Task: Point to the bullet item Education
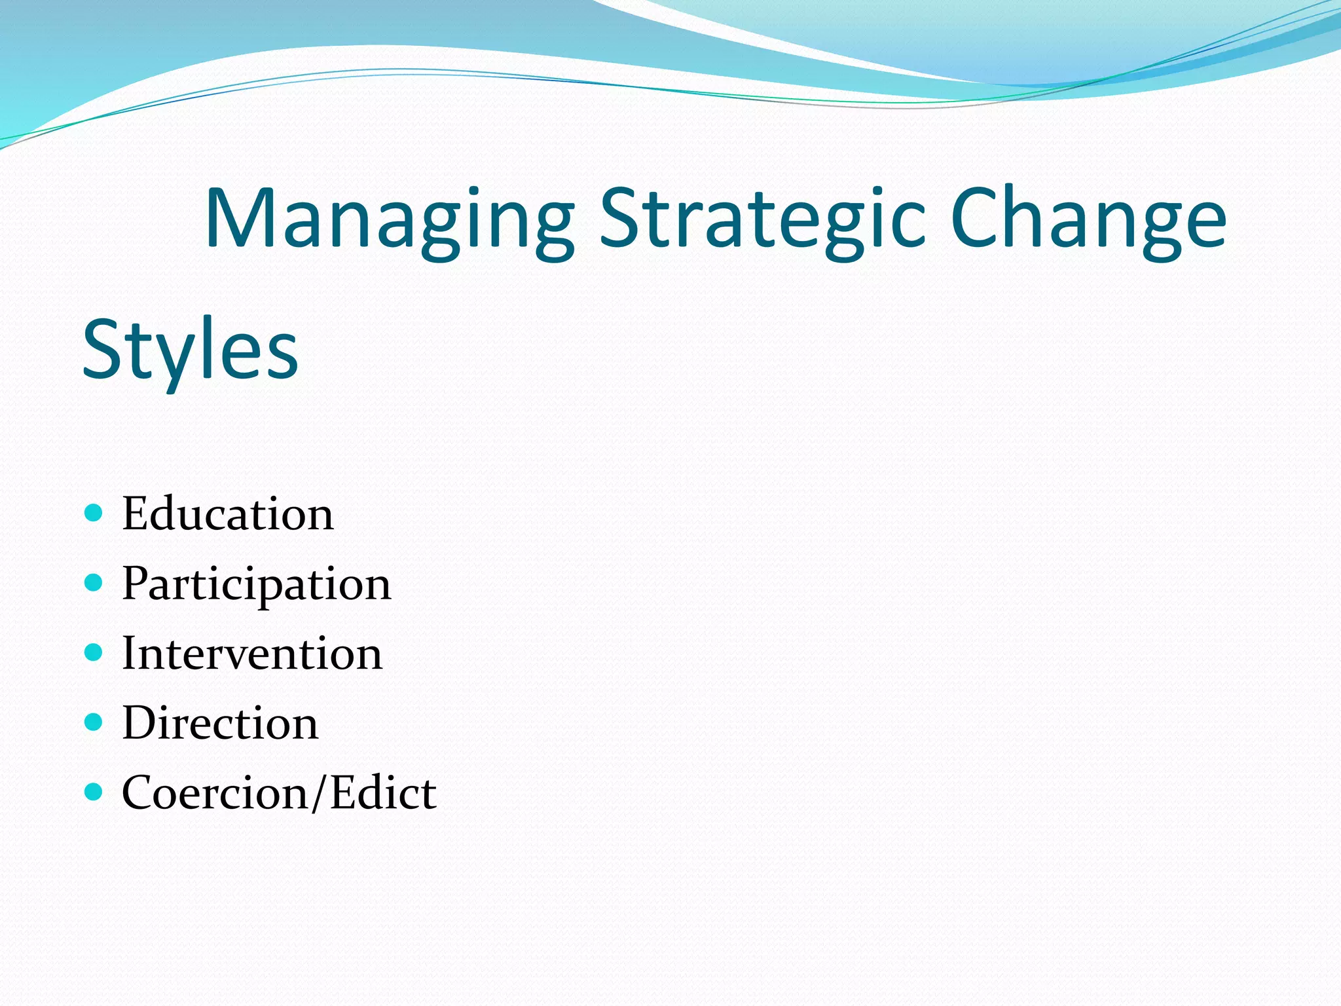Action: point(228,514)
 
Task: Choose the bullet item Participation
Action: point(257,584)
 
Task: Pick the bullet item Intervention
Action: point(252,654)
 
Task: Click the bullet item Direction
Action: point(220,724)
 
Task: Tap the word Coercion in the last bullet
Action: point(215,793)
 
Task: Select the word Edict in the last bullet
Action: point(383,793)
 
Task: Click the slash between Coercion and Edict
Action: point(319,793)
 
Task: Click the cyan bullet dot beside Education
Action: point(94,512)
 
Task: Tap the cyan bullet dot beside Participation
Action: point(94,582)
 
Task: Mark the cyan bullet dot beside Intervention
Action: point(94,652)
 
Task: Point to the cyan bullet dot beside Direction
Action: point(94,722)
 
